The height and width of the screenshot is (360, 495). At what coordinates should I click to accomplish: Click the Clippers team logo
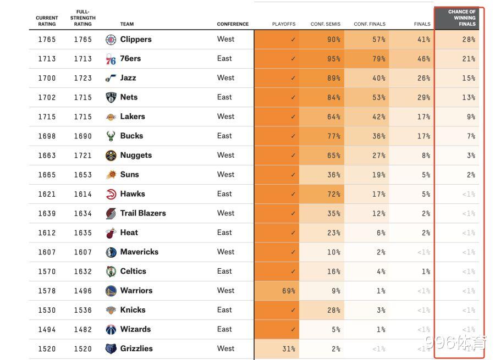click(111, 40)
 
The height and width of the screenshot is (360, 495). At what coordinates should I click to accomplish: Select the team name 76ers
click(130, 59)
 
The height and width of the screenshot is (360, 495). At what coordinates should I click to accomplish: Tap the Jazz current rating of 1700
click(47, 78)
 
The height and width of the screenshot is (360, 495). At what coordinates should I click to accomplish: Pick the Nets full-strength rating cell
click(83, 97)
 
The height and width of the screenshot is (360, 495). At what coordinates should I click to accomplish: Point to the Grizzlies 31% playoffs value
click(288, 348)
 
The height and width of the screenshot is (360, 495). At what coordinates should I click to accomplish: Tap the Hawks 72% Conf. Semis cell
click(333, 194)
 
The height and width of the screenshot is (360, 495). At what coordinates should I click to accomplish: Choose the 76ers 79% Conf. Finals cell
click(378, 59)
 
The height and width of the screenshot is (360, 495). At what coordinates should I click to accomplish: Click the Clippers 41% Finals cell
click(423, 40)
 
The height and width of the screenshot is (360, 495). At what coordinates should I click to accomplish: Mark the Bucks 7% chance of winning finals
click(470, 136)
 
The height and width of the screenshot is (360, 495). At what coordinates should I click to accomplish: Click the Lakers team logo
click(111, 117)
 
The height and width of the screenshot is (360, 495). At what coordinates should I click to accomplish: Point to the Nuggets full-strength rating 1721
click(83, 156)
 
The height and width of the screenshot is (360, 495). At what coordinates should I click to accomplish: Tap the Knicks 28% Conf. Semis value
click(333, 310)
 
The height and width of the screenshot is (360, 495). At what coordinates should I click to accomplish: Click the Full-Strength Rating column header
click(83, 18)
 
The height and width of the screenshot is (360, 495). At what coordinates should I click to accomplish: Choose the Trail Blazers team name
click(143, 213)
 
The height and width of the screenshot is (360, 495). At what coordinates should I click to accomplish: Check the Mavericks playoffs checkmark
click(293, 252)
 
